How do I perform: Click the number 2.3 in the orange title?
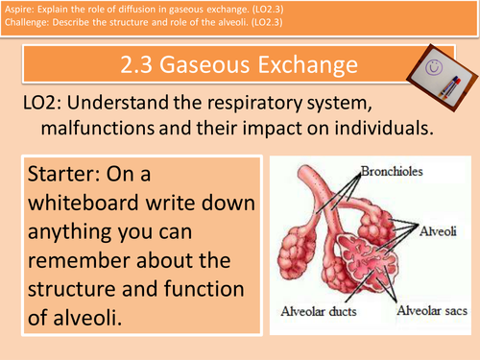pyautogui.click(x=142, y=66)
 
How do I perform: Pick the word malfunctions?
pyautogui.click(x=123, y=131)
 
